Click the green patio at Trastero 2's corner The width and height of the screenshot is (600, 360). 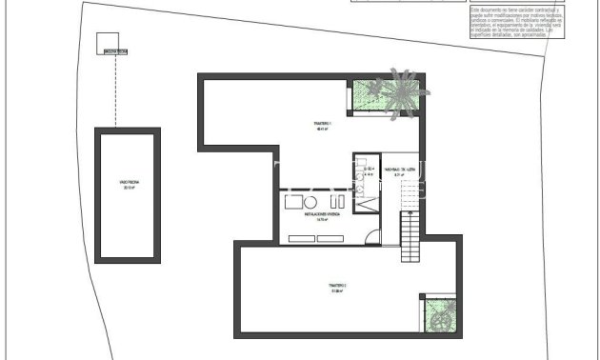click(439, 313)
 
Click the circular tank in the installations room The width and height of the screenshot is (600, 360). click(310, 202)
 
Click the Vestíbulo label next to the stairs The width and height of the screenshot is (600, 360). click(396, 173)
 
